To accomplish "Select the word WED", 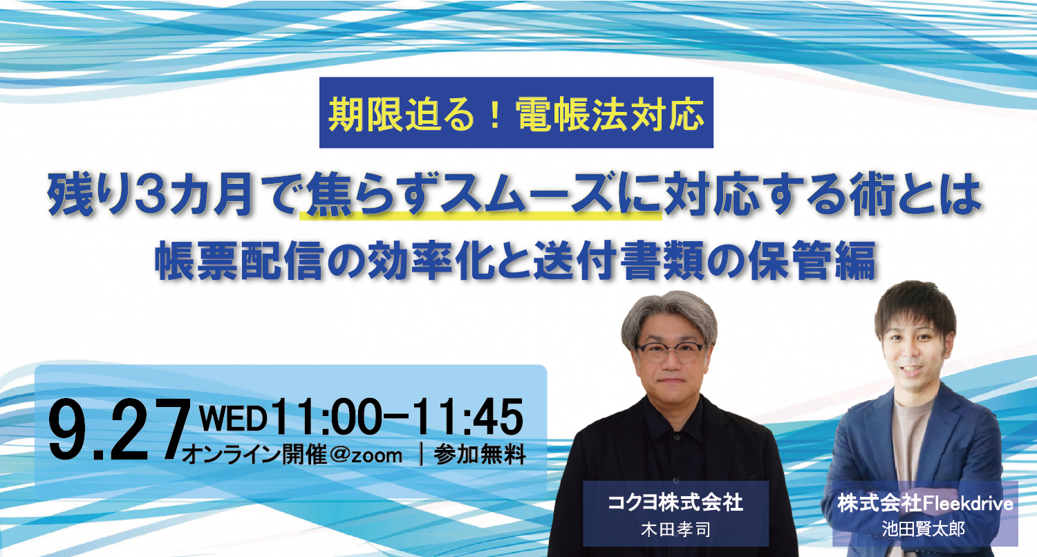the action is tap(233, 419).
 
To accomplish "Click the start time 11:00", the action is tap(327, 417).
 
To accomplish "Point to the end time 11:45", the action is tap(468, 417).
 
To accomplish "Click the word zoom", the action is tap(377, 455).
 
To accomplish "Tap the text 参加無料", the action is tap(480, 454).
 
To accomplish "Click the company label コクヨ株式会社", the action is tap(675, 503).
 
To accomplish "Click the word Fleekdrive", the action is tap(966, 504).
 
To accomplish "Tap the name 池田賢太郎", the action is tap(923, 529).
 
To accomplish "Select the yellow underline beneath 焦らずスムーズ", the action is tap(480, 215).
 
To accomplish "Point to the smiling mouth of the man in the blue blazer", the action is tap(910, 370).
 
